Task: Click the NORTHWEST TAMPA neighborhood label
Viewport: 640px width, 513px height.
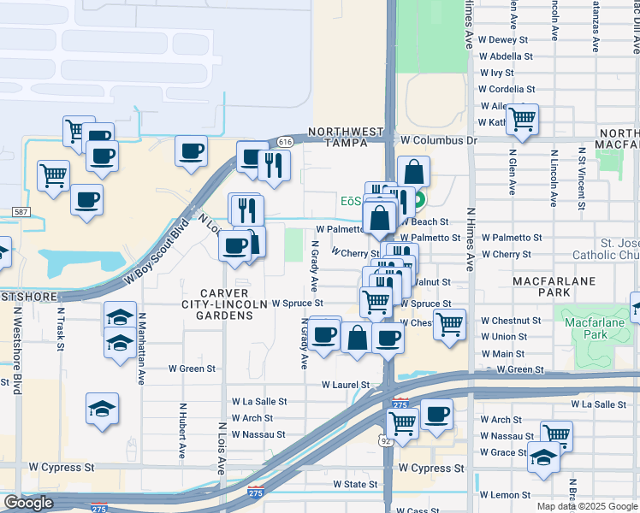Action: [346, 137]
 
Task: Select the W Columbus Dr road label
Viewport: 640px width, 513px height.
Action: [438, 140]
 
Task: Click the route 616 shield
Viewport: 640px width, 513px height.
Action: [286, 141]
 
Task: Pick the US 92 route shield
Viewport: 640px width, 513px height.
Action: [388, 441]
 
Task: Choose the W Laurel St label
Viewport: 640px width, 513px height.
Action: [345, 386]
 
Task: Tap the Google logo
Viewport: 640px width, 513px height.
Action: [28, 503]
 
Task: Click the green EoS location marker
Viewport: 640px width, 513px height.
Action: [420, 203]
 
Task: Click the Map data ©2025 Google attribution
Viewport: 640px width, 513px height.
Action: [587, 506]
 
